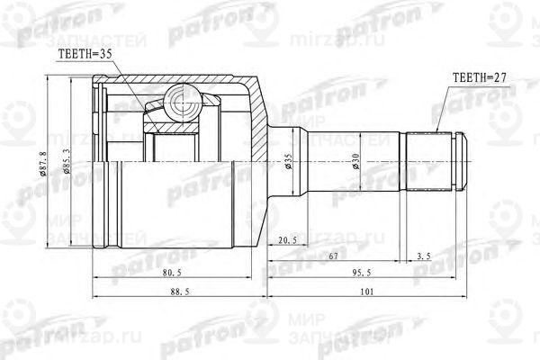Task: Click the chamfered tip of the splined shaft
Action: pos(463,163)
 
